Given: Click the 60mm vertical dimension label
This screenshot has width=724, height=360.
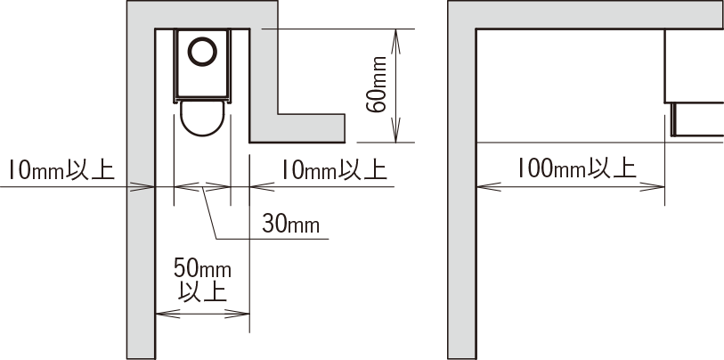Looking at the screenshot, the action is point(377,85).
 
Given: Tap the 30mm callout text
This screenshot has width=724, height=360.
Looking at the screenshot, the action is point(291,225).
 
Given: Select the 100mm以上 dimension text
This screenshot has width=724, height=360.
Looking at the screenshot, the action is point(576,168).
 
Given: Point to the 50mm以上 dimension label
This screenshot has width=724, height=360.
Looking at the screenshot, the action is point(203,281).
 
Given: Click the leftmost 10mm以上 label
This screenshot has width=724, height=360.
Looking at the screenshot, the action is point(61,170).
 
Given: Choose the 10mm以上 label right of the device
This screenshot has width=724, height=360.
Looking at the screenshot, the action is point(334,170).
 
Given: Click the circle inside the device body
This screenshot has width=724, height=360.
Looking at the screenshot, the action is point(202,52).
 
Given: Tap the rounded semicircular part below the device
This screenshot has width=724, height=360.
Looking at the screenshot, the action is point(202,119).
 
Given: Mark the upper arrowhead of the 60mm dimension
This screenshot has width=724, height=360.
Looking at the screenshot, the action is point(395,42).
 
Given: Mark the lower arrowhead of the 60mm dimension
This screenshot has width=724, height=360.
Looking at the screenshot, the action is point(395,130).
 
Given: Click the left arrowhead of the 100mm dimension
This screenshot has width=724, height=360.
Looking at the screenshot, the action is point(489,187).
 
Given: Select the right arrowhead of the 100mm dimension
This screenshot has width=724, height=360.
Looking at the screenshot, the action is point(652,187).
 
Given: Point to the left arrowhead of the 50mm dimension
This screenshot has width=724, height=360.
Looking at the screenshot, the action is point(168,314).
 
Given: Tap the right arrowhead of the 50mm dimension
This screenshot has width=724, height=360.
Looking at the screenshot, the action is point(237,314).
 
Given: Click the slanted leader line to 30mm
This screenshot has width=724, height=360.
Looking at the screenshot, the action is point(209,213).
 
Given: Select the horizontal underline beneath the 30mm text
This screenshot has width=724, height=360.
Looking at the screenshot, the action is point(273,239).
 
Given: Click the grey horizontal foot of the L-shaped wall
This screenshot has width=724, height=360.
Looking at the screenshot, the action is point(297,128).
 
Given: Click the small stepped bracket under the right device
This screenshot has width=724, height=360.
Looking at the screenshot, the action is point(697,119).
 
